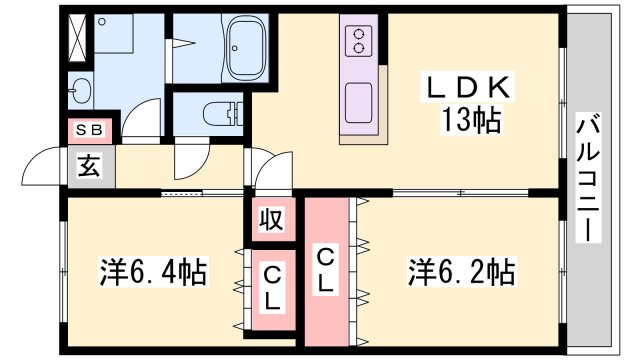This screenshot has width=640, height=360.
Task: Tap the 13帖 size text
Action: (471, 121)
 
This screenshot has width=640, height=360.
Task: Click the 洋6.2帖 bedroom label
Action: (460, 271)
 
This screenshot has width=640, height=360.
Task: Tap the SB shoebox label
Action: (91, 131)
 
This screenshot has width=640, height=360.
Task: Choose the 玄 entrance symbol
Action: (90, 166)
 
